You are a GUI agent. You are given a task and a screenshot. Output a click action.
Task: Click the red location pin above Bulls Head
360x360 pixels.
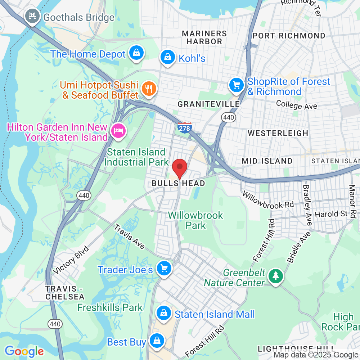tap(180, 168)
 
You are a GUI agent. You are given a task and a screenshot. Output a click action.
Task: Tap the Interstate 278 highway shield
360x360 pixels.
tap(184, 127)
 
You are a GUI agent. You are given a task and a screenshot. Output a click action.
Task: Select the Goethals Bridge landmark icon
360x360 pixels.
tap(32, 17)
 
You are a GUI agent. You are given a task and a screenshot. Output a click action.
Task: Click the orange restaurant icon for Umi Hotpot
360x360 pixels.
tap(148, 89)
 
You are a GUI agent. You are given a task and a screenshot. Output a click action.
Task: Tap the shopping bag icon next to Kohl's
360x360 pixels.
tap(167, 57)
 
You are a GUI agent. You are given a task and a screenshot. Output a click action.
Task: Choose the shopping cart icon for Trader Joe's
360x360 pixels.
tap(164, 269)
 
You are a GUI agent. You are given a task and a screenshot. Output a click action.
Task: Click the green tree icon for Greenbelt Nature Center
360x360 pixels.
tap(276, 276)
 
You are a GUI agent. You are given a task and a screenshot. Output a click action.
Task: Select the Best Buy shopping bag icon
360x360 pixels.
tap(157, 341)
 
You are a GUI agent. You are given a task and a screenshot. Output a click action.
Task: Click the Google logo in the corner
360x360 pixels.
tap(24, 351)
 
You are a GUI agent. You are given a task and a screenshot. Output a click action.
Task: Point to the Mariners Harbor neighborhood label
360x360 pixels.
tap(204, 37)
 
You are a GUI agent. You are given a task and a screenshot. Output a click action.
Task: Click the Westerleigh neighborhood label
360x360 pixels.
tap(278, 133)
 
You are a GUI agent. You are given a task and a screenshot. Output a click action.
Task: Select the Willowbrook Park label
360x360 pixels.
tap(196, 220)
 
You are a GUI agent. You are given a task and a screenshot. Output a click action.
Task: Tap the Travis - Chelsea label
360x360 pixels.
tap(65, 293)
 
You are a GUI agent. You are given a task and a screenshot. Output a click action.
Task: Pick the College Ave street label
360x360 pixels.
tap(297, 105)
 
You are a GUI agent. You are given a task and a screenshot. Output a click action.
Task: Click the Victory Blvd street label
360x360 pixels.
tap(71, 260)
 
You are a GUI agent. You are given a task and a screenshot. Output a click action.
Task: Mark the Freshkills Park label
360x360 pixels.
tap(110, 307)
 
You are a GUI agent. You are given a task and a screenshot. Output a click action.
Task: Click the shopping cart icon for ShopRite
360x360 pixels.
tap(236, 86)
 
